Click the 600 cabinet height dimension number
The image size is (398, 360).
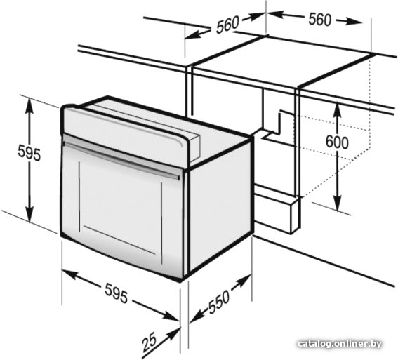click(337, 142)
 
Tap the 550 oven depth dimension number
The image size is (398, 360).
click(219, 302)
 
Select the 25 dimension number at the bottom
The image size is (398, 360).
click(150, 342)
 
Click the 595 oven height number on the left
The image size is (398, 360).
click(29, 154)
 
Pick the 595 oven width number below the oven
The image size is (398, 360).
click(117, 293)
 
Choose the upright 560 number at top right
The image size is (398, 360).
click(320, 20)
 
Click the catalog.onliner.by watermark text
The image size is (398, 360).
click(340, 344)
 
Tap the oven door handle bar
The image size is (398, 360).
click(121, 160)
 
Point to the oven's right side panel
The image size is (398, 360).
click(220, 207)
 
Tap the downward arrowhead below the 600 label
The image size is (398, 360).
click(338, 205)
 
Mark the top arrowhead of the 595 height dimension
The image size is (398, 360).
click(29, 104)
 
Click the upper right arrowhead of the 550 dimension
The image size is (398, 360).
click(245, 279)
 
